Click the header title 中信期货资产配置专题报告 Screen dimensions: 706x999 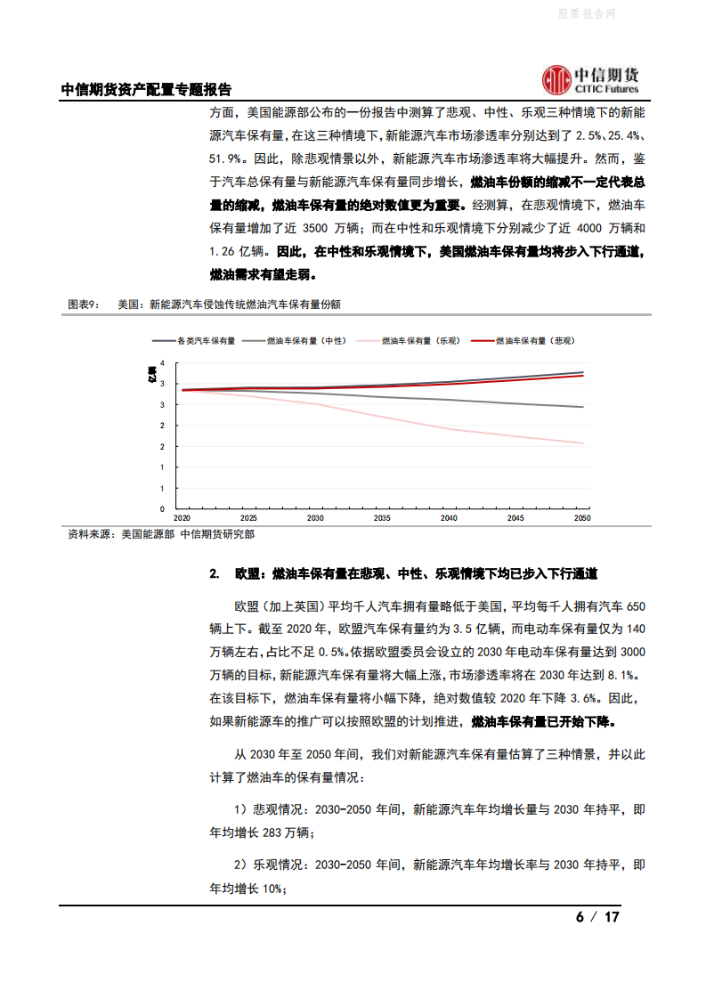tap(145, 90)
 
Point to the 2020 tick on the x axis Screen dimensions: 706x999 tap(182, 517)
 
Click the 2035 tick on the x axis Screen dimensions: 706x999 tap(382, 517)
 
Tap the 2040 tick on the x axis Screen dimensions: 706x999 tap(449, 517)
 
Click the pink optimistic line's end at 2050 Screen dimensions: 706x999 tap(583, 443)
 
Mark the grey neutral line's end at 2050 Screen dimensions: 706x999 tap(583, 407)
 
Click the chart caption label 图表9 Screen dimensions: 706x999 tap(85, 305)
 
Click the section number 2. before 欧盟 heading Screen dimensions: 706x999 tap(215, 573)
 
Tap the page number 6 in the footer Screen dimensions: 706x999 tap(580, 917)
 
